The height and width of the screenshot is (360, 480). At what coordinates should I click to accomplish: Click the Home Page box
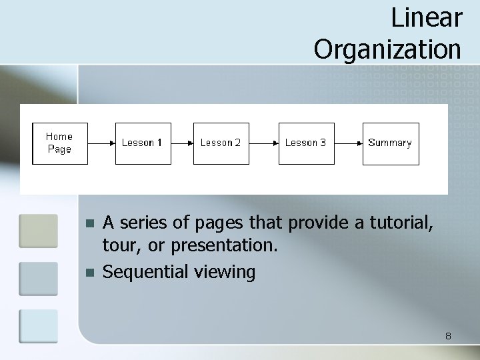point(60,143)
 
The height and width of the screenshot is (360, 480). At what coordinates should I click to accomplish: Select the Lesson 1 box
point(143,143)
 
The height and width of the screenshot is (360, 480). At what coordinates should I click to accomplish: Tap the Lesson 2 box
point(221,143)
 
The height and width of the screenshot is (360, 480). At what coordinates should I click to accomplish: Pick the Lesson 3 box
point(306,143)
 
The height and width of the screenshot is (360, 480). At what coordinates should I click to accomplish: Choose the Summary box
point(391,143)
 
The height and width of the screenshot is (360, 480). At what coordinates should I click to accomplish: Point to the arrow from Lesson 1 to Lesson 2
point(182,143)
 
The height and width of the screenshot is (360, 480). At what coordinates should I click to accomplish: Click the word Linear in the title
point(426,17)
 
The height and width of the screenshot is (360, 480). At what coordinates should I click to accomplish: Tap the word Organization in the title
point(387,48)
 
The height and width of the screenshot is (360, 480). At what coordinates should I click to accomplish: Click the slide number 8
point(449,336)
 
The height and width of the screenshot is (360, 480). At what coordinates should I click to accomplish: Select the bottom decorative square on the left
point(39,327)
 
